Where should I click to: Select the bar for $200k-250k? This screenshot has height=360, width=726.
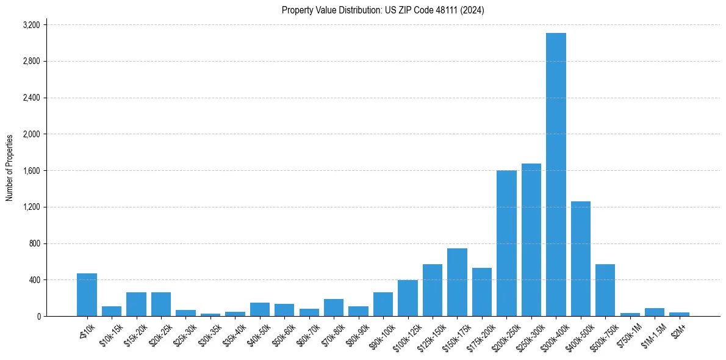click(x=506, y=243)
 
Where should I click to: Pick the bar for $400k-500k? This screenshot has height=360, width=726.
click(x=581, y=259)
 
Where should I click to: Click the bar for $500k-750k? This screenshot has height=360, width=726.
click(x=605, y=290)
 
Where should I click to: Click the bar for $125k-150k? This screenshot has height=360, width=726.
click(x=433, y=290)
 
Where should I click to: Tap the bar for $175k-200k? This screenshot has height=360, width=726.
click(x=482, y=292)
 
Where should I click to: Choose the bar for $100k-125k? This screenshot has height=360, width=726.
click(x=408, y=298)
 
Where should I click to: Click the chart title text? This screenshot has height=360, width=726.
click(x=383, y=10)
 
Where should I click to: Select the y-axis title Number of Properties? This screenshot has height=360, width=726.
click(x=10, y=168)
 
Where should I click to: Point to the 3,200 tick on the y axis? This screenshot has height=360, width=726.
click(x=31, y=25)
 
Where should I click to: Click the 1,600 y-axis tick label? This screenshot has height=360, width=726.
click(x=31, y=171)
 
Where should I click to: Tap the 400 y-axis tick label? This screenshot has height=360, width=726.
click(x=34, y=280)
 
